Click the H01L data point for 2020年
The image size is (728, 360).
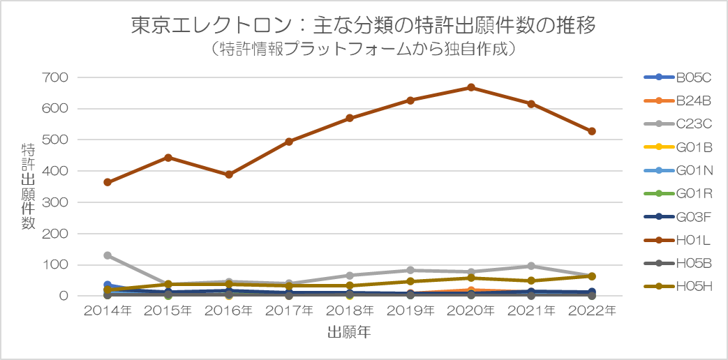(471, 87)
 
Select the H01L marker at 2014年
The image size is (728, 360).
(107, 182)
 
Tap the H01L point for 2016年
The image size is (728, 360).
(229, 174)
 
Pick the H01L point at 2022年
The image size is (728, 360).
(592, 131)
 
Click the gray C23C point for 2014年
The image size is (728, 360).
(107, 255)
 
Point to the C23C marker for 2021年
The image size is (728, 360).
(531, 266)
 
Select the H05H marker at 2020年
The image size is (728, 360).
(471, 278)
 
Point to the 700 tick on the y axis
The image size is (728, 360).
(54, 77)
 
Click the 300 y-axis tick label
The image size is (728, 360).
(54, 202)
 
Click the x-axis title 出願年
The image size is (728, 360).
(349, 333)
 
